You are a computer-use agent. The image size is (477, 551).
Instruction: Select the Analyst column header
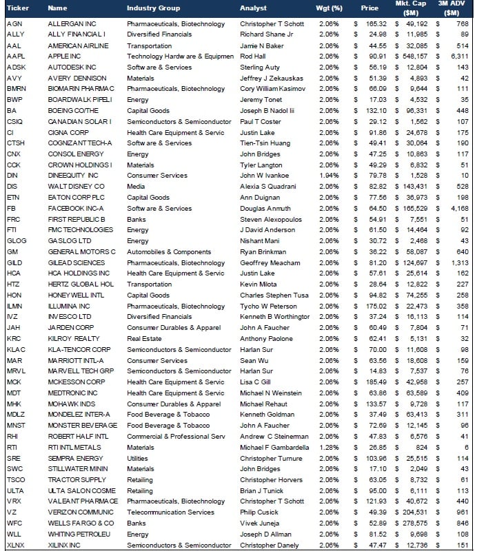[x=253, y=8]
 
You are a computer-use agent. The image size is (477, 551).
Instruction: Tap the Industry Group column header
[x=153, y=8]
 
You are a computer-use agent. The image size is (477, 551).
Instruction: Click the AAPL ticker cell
[x=15, y=56]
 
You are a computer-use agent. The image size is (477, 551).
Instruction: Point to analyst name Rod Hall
[x=253, y=56]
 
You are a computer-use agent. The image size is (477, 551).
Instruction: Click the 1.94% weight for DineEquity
[x=330, y=176]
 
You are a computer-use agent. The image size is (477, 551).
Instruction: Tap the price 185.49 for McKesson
[x=376, y=382]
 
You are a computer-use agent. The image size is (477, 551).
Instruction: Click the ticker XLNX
[x=16, y=545]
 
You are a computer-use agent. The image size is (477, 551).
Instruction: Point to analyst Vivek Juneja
[x=258, y=523]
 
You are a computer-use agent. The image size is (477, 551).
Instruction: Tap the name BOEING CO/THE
[x=72, y=110]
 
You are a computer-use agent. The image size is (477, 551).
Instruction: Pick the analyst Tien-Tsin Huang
[x=266, y=143]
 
